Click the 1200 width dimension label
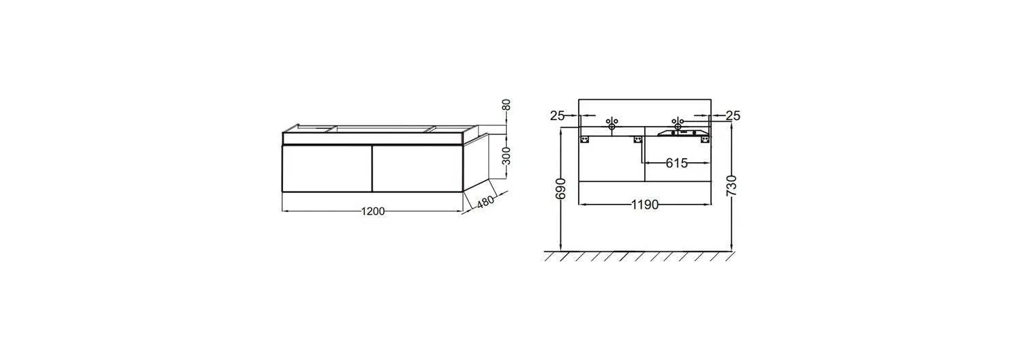pyautogui.click(x=373, y=211)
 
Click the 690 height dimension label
pyautogui.click(x=560, y=188)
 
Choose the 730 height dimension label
pyautogui.click(x=732, y=185)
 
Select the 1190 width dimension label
pyautogui.click(x=645, y=205)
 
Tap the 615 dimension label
pyautogui.click(x=676, y=163)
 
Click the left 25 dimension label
pyautogui.click(x=557, y=116)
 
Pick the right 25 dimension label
pyautogui.click(x=733, y=116)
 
